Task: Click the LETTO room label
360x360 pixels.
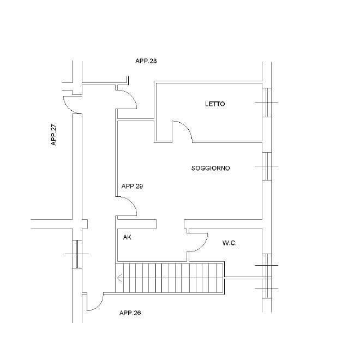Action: pos(215,104)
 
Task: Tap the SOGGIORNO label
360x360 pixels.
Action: pos(211,169)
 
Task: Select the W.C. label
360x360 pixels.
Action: pos(229,243)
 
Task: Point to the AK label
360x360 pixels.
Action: pos(127,237)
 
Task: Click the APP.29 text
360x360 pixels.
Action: pos(132,186)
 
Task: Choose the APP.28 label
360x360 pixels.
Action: pos(146,61)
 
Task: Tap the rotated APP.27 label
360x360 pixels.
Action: pos(53,135)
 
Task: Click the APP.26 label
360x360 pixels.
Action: pos(130,313)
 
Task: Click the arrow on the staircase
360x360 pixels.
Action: pos(119,279)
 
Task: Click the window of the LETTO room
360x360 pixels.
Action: pos(267,103)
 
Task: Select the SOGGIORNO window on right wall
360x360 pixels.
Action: pos(267,166)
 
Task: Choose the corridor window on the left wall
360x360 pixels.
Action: pos(77,254)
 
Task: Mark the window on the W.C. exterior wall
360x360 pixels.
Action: pos(267,276)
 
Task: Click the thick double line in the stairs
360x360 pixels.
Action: pos(159,278)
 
